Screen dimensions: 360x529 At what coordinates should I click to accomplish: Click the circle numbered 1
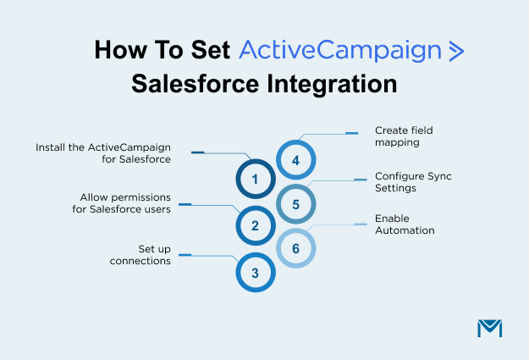(x=255, y=179)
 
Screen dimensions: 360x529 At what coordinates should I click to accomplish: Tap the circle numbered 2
(x=255, y=225)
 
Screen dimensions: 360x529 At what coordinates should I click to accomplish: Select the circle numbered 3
(x=255, y=272)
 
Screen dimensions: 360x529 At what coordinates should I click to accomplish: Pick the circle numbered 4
(x=295, y=160)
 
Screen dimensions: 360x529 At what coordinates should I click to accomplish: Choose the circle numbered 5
(x=295, y=204)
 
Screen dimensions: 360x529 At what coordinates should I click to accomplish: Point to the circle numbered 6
(x=295, y=249)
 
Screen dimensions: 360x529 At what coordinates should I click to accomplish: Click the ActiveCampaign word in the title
(x=340, y=50)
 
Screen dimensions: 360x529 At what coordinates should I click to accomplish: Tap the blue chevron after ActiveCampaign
(x=455, y=51)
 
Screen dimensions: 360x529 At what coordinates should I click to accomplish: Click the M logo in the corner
(x=489, y=329)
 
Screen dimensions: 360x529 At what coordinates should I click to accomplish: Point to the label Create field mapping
(x=397, y=137)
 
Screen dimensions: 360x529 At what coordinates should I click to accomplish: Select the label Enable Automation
(x=405, y=224)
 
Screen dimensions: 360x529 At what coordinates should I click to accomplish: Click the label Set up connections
(x=141, y=255)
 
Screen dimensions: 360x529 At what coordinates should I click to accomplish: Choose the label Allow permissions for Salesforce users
(x=121, y=203)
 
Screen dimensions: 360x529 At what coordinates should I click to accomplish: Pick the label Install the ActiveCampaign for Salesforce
(x=103, y=152)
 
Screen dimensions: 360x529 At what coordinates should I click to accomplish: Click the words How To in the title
(x=137, y=50)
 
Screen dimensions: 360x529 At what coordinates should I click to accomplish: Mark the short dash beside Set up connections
(x=185, y=255)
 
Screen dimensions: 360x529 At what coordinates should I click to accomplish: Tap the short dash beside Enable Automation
(x=360, y=224)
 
